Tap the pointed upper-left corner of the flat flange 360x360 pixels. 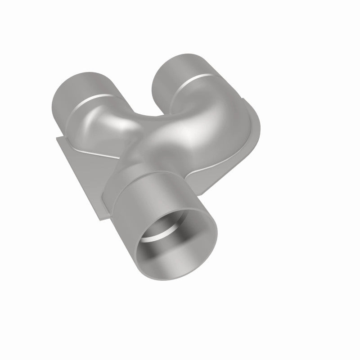point(58,137)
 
